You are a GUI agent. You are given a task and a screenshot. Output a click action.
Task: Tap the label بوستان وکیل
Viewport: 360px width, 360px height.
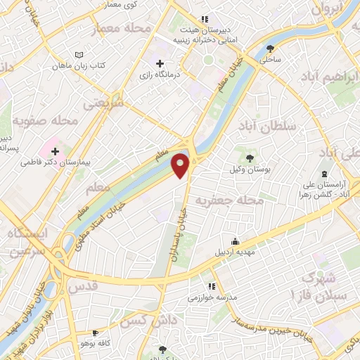coord(250,169)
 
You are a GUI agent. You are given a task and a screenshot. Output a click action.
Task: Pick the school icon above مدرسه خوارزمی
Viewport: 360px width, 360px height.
coord(210,286)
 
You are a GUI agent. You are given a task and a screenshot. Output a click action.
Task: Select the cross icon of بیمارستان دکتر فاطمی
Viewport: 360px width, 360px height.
coord(55,150)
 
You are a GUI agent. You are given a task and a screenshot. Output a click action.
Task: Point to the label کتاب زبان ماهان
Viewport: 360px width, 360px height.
coord(78,65)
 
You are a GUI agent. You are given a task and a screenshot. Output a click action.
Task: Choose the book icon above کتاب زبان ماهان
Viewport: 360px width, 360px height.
coord(79,54)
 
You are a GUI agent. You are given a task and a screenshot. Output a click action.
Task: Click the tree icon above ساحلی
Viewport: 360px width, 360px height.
coord(271,48)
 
